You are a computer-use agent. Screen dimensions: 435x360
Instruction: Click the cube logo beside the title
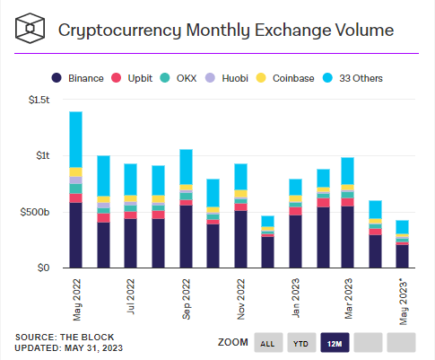[x=30, y=28]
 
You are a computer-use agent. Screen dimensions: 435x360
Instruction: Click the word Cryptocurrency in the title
[x=120, y=31]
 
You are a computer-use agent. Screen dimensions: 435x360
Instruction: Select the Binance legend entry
[x=78, y=78]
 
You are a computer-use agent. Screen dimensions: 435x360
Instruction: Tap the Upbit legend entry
[x=132, y=78]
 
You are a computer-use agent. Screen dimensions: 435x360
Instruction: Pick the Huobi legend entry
[x=227, y=78]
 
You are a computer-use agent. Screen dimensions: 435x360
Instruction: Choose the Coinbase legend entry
[x=285, y=78]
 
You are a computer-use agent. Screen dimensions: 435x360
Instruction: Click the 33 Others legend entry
[x=353, y=78]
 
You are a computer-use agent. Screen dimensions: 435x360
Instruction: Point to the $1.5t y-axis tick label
[x=39, y=100]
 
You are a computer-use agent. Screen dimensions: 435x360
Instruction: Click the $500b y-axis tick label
[x=35, y=212]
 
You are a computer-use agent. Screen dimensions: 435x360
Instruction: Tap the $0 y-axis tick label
[x=43, y=268]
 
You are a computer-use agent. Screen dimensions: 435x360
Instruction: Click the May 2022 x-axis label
[x=77, y=300]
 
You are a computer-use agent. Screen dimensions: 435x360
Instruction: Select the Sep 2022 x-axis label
[x=186, y=299]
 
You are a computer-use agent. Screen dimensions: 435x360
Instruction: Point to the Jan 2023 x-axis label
[x=296, y=298]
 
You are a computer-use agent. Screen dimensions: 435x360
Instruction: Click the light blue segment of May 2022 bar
[x=76, y=139]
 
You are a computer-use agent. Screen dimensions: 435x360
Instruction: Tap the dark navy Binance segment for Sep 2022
[x=186, y=236]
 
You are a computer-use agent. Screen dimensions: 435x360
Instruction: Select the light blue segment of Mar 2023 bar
[x=348, y=171]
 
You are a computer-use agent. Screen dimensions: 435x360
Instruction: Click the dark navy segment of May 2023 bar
[x=403, y=257]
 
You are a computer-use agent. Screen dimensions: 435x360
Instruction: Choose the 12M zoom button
[x=335, y=343]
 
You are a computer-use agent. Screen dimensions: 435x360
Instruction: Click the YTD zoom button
[x=301, y=343]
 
